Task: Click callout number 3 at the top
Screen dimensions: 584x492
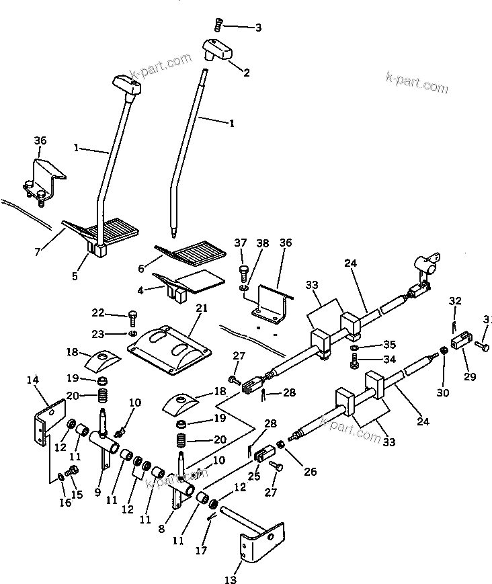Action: (257, 28)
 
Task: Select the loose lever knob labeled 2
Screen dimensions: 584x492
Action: (217, 50)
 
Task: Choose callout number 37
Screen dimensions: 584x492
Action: (241, 243)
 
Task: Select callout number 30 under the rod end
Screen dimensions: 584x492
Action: (442, 393)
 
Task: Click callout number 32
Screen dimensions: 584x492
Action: (456, 300)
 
